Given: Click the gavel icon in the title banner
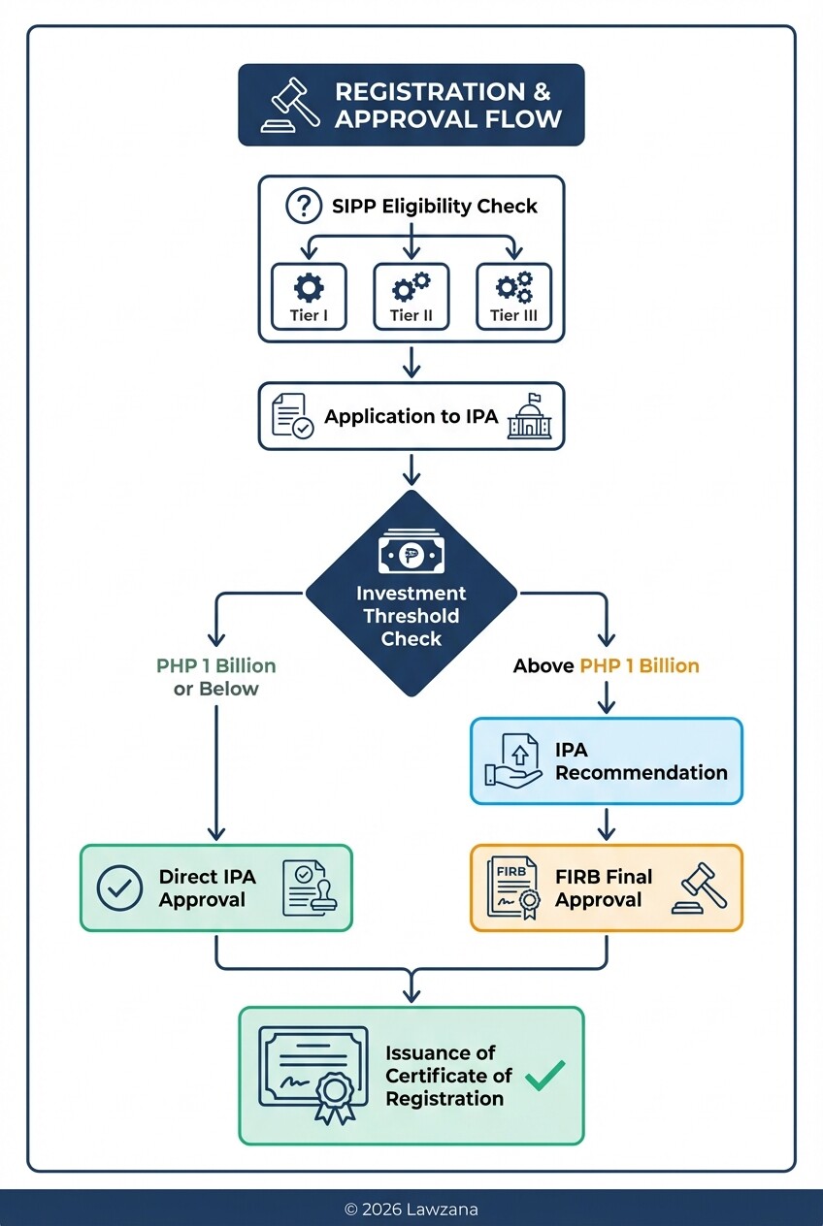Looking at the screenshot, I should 292,105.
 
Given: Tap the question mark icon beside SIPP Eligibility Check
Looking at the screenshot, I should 303,206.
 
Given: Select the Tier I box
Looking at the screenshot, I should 309,297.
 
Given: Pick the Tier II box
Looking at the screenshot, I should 411,297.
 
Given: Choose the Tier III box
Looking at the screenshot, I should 513,297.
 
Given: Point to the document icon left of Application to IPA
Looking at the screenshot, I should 292,416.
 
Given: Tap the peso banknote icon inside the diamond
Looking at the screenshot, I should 411,556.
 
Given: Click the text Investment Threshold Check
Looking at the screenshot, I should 411,616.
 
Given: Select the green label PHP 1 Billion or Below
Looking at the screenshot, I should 215,677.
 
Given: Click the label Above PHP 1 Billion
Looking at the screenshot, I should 606,665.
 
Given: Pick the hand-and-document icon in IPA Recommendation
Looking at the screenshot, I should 513,761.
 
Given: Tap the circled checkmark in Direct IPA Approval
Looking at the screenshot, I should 120,887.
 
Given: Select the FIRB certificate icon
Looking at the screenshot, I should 513,887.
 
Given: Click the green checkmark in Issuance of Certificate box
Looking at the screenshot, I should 544,1074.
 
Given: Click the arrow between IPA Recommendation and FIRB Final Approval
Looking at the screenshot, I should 606,824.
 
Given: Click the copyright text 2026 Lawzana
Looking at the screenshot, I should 411,1209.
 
